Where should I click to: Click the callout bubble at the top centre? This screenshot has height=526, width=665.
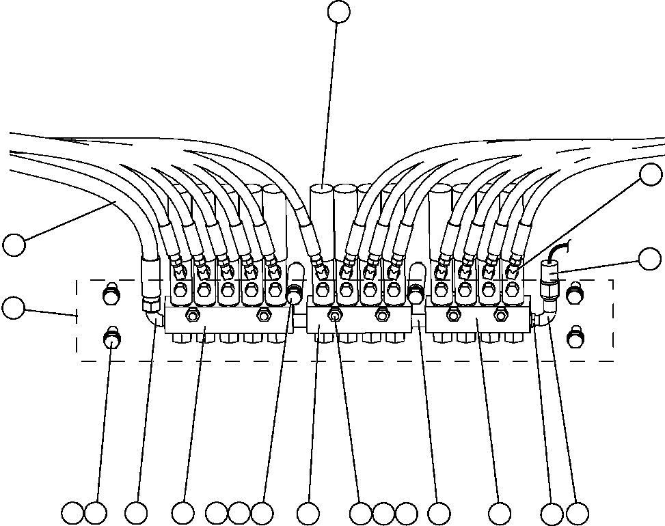pyautogui.click(x=338, y=12)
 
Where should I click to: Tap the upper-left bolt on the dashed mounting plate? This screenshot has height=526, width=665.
pyautogui.click(x=109, y=296)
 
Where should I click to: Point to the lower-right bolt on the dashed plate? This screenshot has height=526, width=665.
pyautogui.click(x=575, y=336)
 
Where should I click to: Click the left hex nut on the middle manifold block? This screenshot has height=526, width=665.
pyautogui.click(x=334, y=315)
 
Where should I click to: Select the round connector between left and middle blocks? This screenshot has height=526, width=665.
pyautogui.click(x=295, y=295)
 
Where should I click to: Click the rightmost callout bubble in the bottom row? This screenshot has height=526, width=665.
pyautogui.click(x=578, y=513)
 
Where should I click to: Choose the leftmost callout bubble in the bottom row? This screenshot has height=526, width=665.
pyautogui.click(x=72, y=513)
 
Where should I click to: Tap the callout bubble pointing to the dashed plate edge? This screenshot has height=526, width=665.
pyautogui.click(x=13, y=307)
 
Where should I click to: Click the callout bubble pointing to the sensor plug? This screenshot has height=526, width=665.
pyautogui.click(x=649, y=259)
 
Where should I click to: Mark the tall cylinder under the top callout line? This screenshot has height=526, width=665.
pyautogui.click(x=321, y=219)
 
